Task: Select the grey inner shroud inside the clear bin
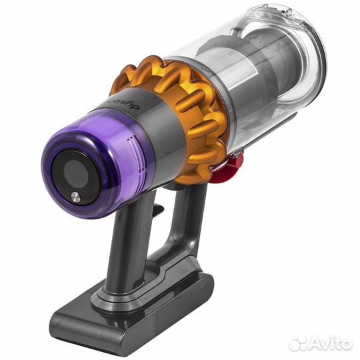pos(253,87)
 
